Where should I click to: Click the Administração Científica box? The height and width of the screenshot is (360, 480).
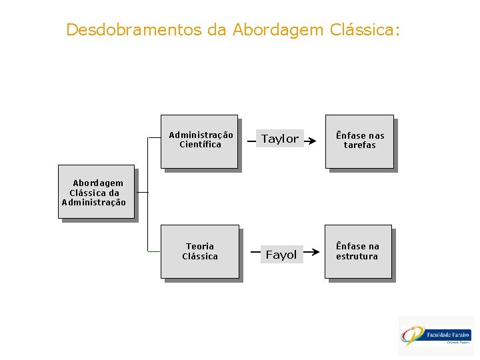199,141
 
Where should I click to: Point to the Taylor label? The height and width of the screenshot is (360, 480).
280,139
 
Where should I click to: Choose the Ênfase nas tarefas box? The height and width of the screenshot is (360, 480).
359,141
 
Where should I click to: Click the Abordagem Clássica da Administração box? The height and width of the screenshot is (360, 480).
96,191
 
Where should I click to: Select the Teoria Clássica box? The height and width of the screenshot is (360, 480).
199,251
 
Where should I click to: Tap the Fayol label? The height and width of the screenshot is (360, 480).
281,255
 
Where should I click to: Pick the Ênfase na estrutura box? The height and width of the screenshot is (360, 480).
358,251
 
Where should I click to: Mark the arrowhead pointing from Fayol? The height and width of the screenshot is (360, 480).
313,253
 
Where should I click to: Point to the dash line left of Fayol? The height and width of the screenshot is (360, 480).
255,253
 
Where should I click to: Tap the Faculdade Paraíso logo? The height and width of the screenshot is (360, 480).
437,335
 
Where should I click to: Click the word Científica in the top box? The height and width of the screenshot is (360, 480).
200,145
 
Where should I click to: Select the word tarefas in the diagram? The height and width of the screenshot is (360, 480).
360,145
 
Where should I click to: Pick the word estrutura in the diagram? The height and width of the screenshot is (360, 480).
357,257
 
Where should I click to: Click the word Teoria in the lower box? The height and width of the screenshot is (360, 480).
200,247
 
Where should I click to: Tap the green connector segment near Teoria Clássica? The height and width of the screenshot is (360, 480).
154,251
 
